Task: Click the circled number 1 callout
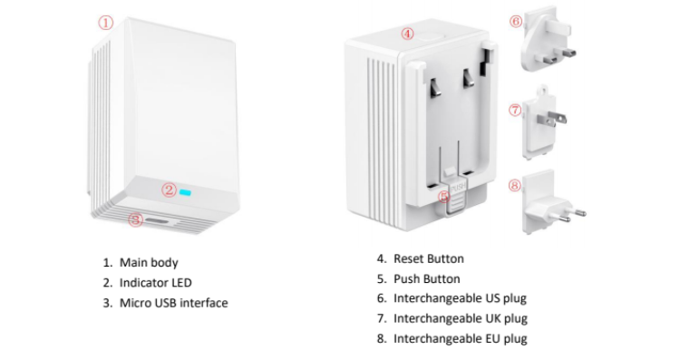(106, 23)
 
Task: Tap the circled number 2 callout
(169, 190)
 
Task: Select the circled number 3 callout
(136, 219)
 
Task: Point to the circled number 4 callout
(407, 34)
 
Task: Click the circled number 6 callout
(516, 21)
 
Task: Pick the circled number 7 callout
(515, 110)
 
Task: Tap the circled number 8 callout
(515, 186)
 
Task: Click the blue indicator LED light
(188, 191)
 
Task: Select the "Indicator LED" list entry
(156, 283)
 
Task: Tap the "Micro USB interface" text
(173, 303)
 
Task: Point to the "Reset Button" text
(428, 259)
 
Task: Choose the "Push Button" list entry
(426, 279)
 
